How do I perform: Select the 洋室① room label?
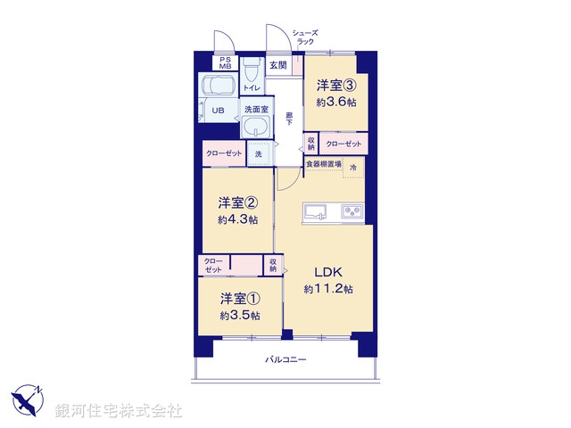[x=240, y=298]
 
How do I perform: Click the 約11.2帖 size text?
[x=327, y=289]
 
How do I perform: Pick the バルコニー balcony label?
[x=285, y=360]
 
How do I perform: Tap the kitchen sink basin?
[x=317, y=211]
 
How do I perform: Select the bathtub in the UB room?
[x=218, y=87]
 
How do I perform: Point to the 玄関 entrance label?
[x=278, y=65]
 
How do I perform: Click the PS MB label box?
[x=225, y=63]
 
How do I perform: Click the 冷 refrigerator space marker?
[x=353, y=166]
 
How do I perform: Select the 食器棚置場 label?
[x=324, y=164]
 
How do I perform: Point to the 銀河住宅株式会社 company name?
[x=119, y=411]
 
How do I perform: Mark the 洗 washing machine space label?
[x=259, y=154]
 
